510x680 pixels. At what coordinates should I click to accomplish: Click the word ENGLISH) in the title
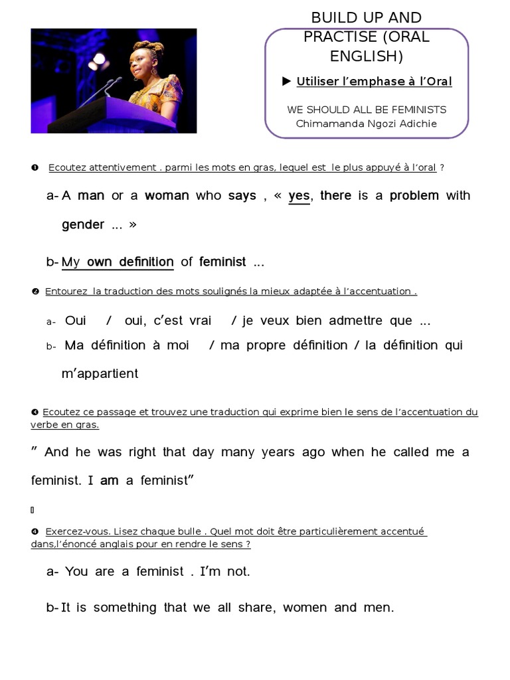(367, 57)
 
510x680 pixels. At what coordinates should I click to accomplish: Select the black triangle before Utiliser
(287, 81)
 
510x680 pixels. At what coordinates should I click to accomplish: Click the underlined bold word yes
(299, 195)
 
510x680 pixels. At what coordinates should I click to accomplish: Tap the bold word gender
(83, 224)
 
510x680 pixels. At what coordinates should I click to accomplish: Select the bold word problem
(414, 195)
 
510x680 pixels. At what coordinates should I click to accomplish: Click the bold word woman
(167, 195)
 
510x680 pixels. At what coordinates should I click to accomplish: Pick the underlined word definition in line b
(146, 262)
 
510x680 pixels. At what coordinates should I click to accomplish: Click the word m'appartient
(100, 373)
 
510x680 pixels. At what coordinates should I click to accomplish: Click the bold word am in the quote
(109, 481)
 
